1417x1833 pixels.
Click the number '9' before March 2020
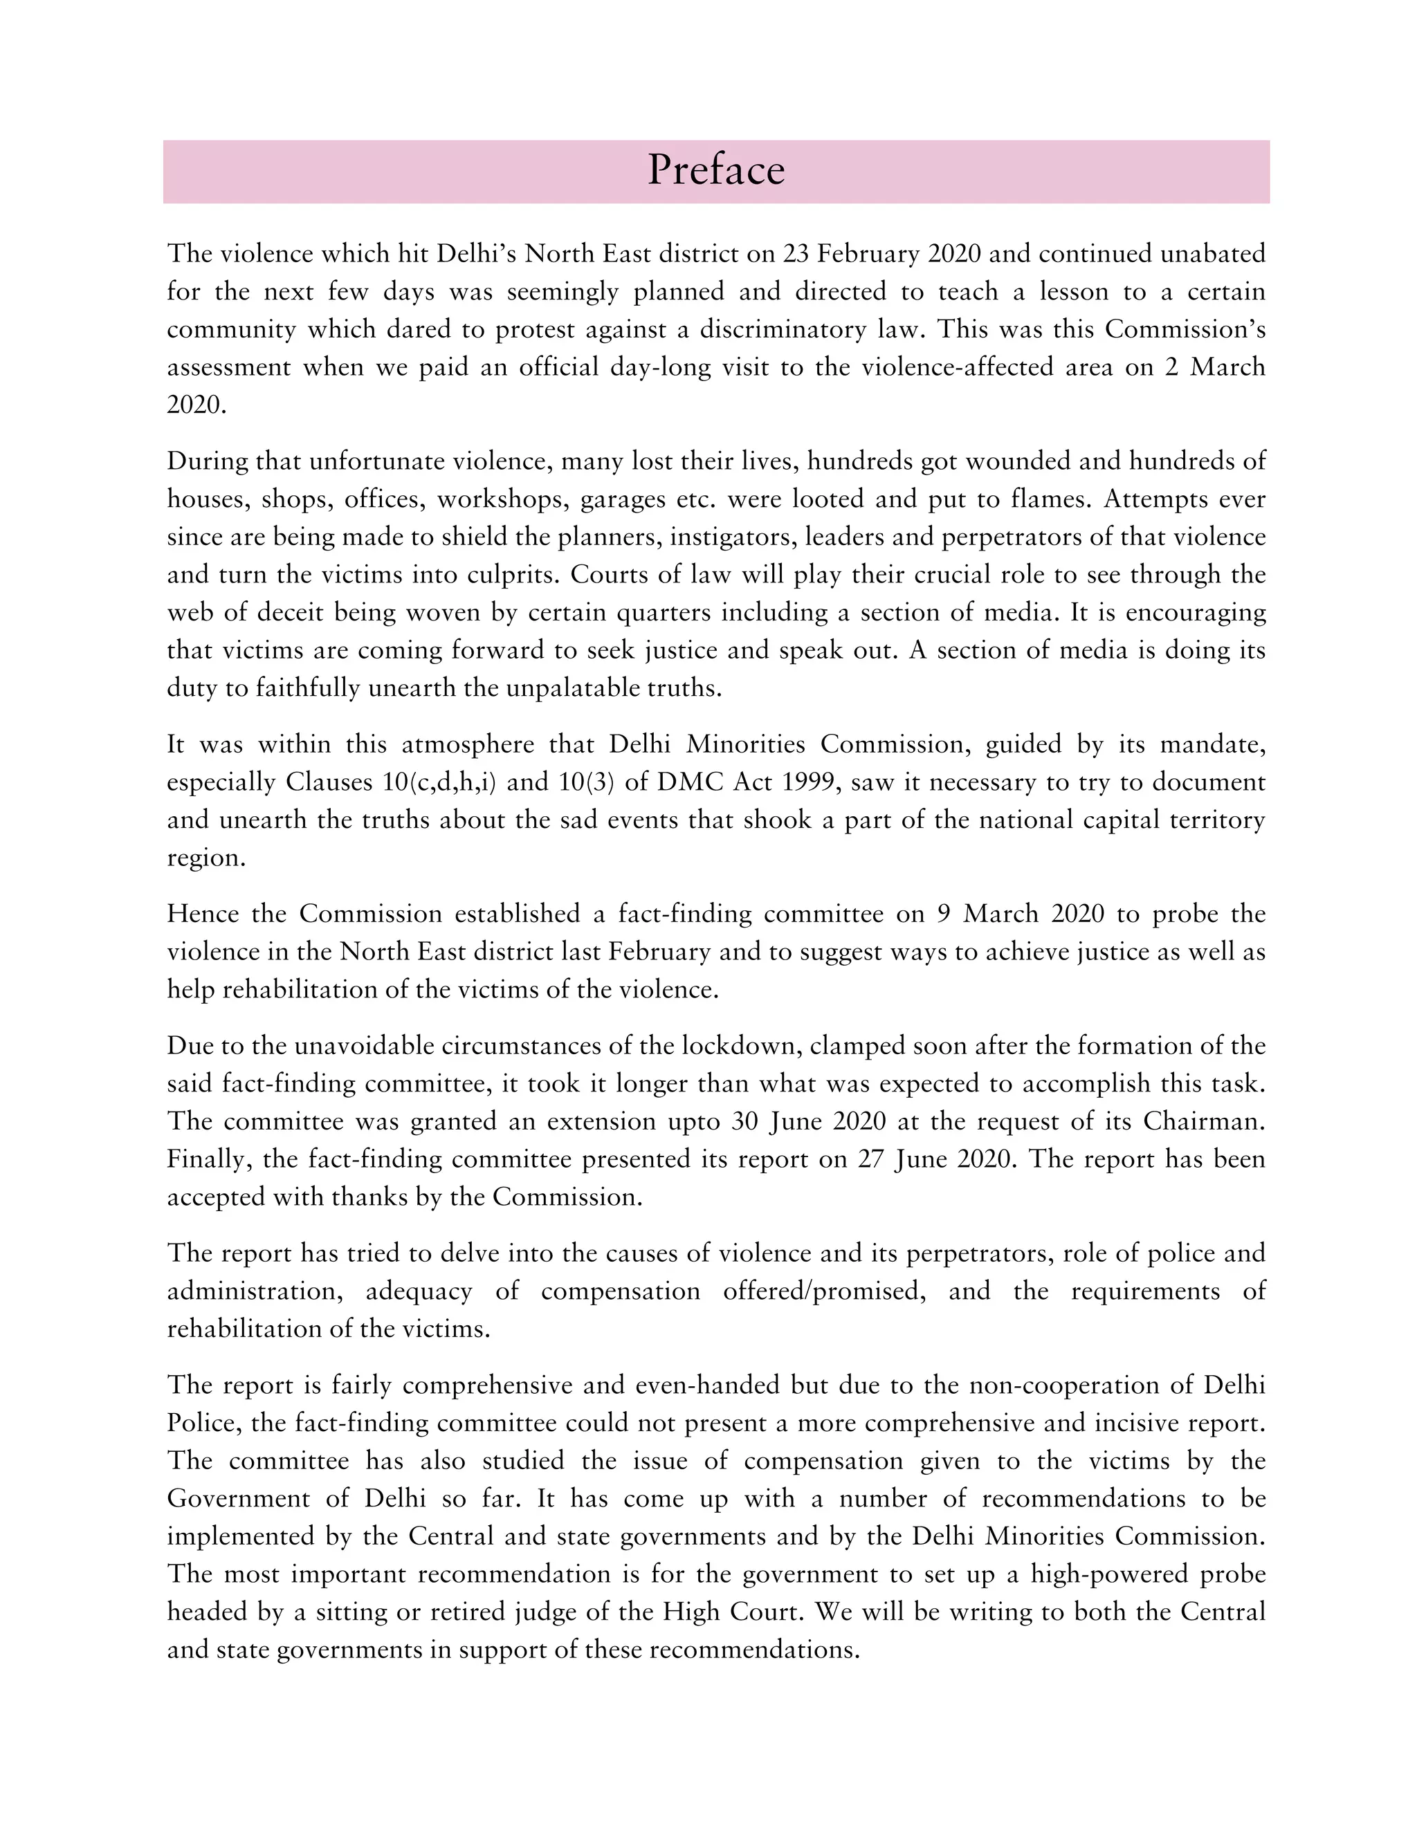944,913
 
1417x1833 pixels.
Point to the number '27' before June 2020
872,1159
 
